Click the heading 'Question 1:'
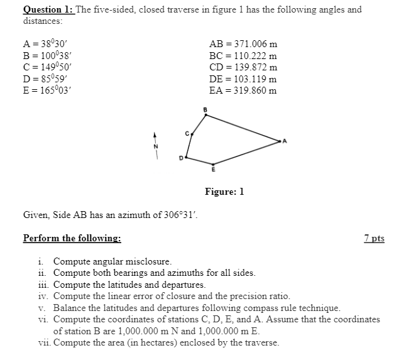click(x=48, y=10)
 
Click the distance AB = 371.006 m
click(x=243, y=44)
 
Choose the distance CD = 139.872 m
click(x=243, y=67)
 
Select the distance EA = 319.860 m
click(x=243, y=89)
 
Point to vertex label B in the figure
click(x=205, y=111)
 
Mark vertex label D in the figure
click(x=181, y=157)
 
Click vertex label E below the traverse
click(x=212, y=170)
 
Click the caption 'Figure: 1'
click(x=224, y=191)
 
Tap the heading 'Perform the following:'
click(x=72, y=238)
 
